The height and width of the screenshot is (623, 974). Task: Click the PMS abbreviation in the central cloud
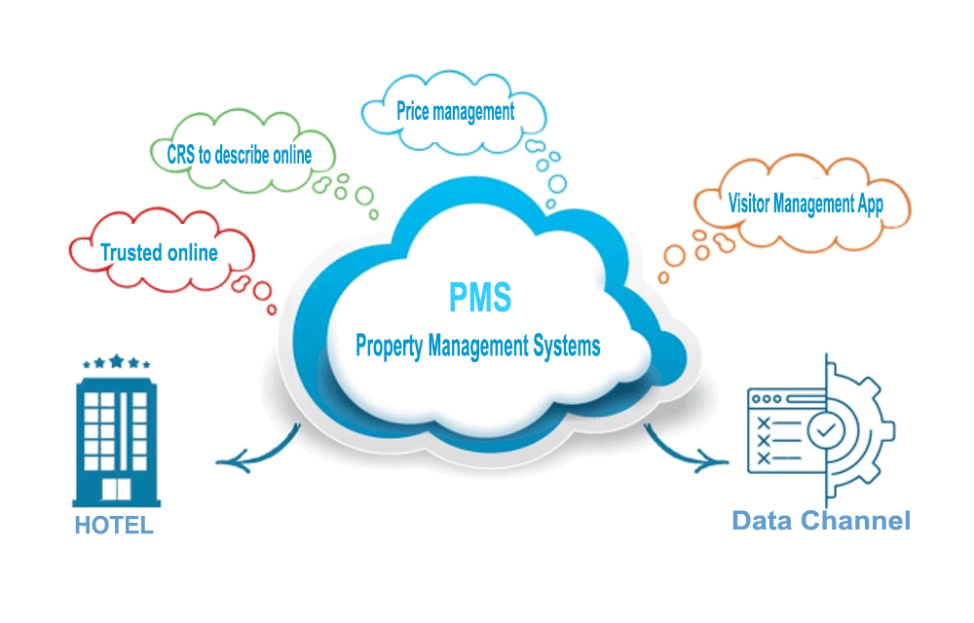(x=479, y=296)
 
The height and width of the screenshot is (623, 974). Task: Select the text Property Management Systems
(x=477, y=346)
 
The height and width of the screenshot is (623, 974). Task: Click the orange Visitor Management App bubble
(x=805, y=204)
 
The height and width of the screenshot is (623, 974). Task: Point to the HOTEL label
(x=114, y=526)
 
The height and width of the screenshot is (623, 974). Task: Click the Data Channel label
(x=821, y=520)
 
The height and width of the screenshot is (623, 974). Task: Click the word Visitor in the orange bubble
(x=749, y=204)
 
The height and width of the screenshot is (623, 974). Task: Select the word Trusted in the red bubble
(x=131, y=253)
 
